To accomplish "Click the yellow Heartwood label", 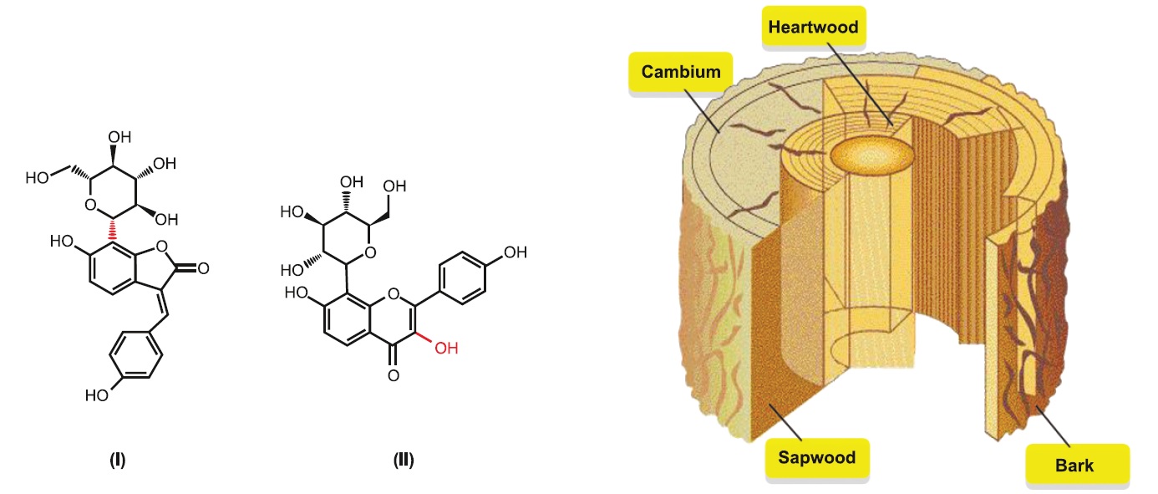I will pyautogui.click(x=813, y=28).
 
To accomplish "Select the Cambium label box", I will pyautogui.click(x=680, y=72).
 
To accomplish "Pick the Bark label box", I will pyautogui.click(x=1074, y=465).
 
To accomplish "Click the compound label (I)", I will pyautogui.click(x=118, y=459).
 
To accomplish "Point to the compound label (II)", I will pyautogui.click(x=404, y=459).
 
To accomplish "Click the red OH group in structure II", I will pyautogui.click(x=446, y=348).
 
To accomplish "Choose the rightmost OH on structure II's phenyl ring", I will pyautogui.click(x=516, y=251).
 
